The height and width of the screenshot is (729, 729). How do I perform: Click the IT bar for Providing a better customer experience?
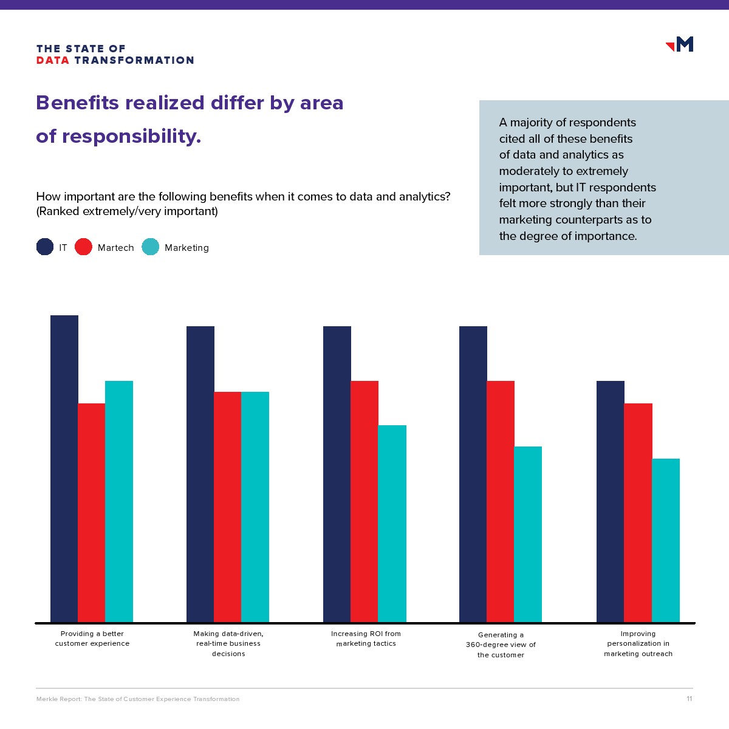(64, 468)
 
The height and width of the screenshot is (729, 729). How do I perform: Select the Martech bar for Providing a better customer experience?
(92, 513)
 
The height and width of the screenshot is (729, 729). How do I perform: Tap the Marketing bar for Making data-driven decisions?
(255, 507)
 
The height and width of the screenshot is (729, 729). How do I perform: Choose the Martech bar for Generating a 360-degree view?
(501, 501)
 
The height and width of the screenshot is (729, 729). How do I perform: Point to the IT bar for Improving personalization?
(611, 501)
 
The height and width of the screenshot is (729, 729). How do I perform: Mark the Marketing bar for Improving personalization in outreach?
(666, 540)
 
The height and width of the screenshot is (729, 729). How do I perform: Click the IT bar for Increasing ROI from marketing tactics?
(337, 474)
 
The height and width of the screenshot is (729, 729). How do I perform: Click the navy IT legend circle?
(45, 247)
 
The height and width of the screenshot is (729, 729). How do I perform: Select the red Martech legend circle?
(83, 247)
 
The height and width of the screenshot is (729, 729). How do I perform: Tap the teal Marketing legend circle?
(150, 247)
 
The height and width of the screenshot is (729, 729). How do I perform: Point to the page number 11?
(690, 699)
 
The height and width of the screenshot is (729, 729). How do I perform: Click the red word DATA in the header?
(53, 60)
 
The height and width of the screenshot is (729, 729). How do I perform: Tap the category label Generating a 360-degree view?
(501, 645)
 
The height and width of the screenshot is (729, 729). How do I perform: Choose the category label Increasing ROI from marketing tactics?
(366, 638)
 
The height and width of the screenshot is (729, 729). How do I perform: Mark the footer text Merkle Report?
(58, 699)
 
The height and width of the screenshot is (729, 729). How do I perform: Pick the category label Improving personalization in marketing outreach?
(638, 644)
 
